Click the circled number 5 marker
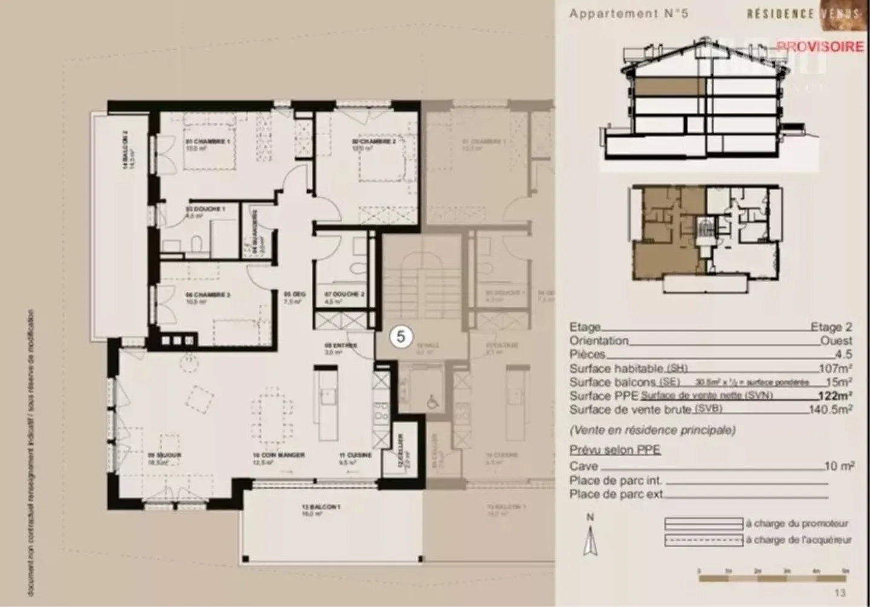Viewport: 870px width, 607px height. [x=401, y=336]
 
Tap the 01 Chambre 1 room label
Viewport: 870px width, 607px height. [x=208, y=141]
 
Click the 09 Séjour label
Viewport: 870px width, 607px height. [x=164, y=455]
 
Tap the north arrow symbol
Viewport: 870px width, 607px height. [x=590, y=541]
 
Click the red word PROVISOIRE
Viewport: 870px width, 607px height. [x=820, y=47]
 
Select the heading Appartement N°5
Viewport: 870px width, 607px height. [x=628, y=13]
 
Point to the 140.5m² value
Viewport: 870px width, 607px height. [x=831, y=410]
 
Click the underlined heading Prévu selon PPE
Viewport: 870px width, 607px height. [x=614, y=450]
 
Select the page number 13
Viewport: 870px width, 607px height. [x=840, y=593]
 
